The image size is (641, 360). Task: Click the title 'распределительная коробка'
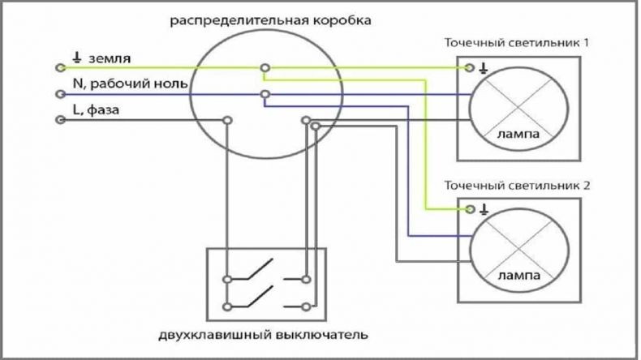point(271,20)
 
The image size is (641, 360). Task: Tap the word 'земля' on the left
point(110,58)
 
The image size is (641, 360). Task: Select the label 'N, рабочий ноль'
point(130,84)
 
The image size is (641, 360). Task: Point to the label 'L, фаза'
point(96,109)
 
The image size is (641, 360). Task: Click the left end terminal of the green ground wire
point(61,68)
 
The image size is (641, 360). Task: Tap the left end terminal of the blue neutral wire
point(61,94)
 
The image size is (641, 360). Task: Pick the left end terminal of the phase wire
point(61,120)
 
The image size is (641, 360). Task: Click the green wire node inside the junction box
point(265,68)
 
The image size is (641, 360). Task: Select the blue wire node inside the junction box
point(265,94)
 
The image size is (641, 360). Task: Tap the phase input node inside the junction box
point(228,120)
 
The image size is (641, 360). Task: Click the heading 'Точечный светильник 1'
point(517,42)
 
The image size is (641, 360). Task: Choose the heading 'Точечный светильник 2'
point(517,186)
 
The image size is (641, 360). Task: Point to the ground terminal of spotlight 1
point(470,67)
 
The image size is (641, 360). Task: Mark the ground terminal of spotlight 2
point(470,209)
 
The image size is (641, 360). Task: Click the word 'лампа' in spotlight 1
point(518,134)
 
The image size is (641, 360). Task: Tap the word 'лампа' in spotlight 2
point(518,276)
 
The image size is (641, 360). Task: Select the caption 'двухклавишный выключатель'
point(263,335)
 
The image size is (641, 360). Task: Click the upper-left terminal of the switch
point(227,280)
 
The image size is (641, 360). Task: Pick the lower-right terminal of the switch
point(306,306)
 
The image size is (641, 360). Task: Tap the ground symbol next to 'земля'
point(77,58)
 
